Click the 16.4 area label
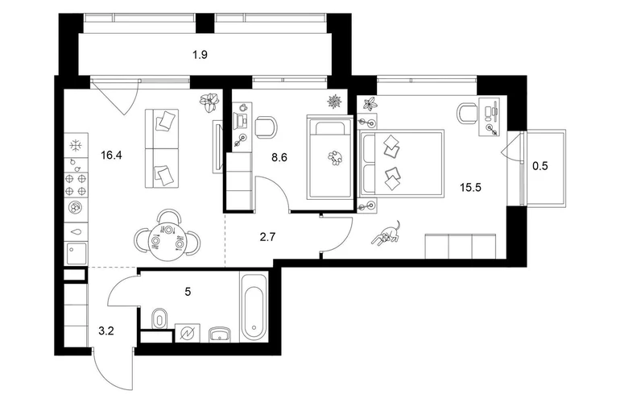[111, 156]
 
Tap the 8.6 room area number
[279, 158]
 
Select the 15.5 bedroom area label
[470, 187]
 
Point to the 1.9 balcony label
[200, 55]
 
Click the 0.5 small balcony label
[540, 166]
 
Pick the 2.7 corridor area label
[267, 237]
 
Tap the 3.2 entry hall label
[106, 331]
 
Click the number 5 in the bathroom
[188, 292]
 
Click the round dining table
[167, 240]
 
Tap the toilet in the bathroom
[159, 318]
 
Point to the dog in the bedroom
[386, 235]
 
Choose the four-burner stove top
[76, 185]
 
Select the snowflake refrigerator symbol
[76, 145]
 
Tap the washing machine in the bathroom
[188, 333]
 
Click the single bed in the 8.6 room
[330, 157]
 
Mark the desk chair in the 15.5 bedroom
[467, 113]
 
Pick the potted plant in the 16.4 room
[209, 102]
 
